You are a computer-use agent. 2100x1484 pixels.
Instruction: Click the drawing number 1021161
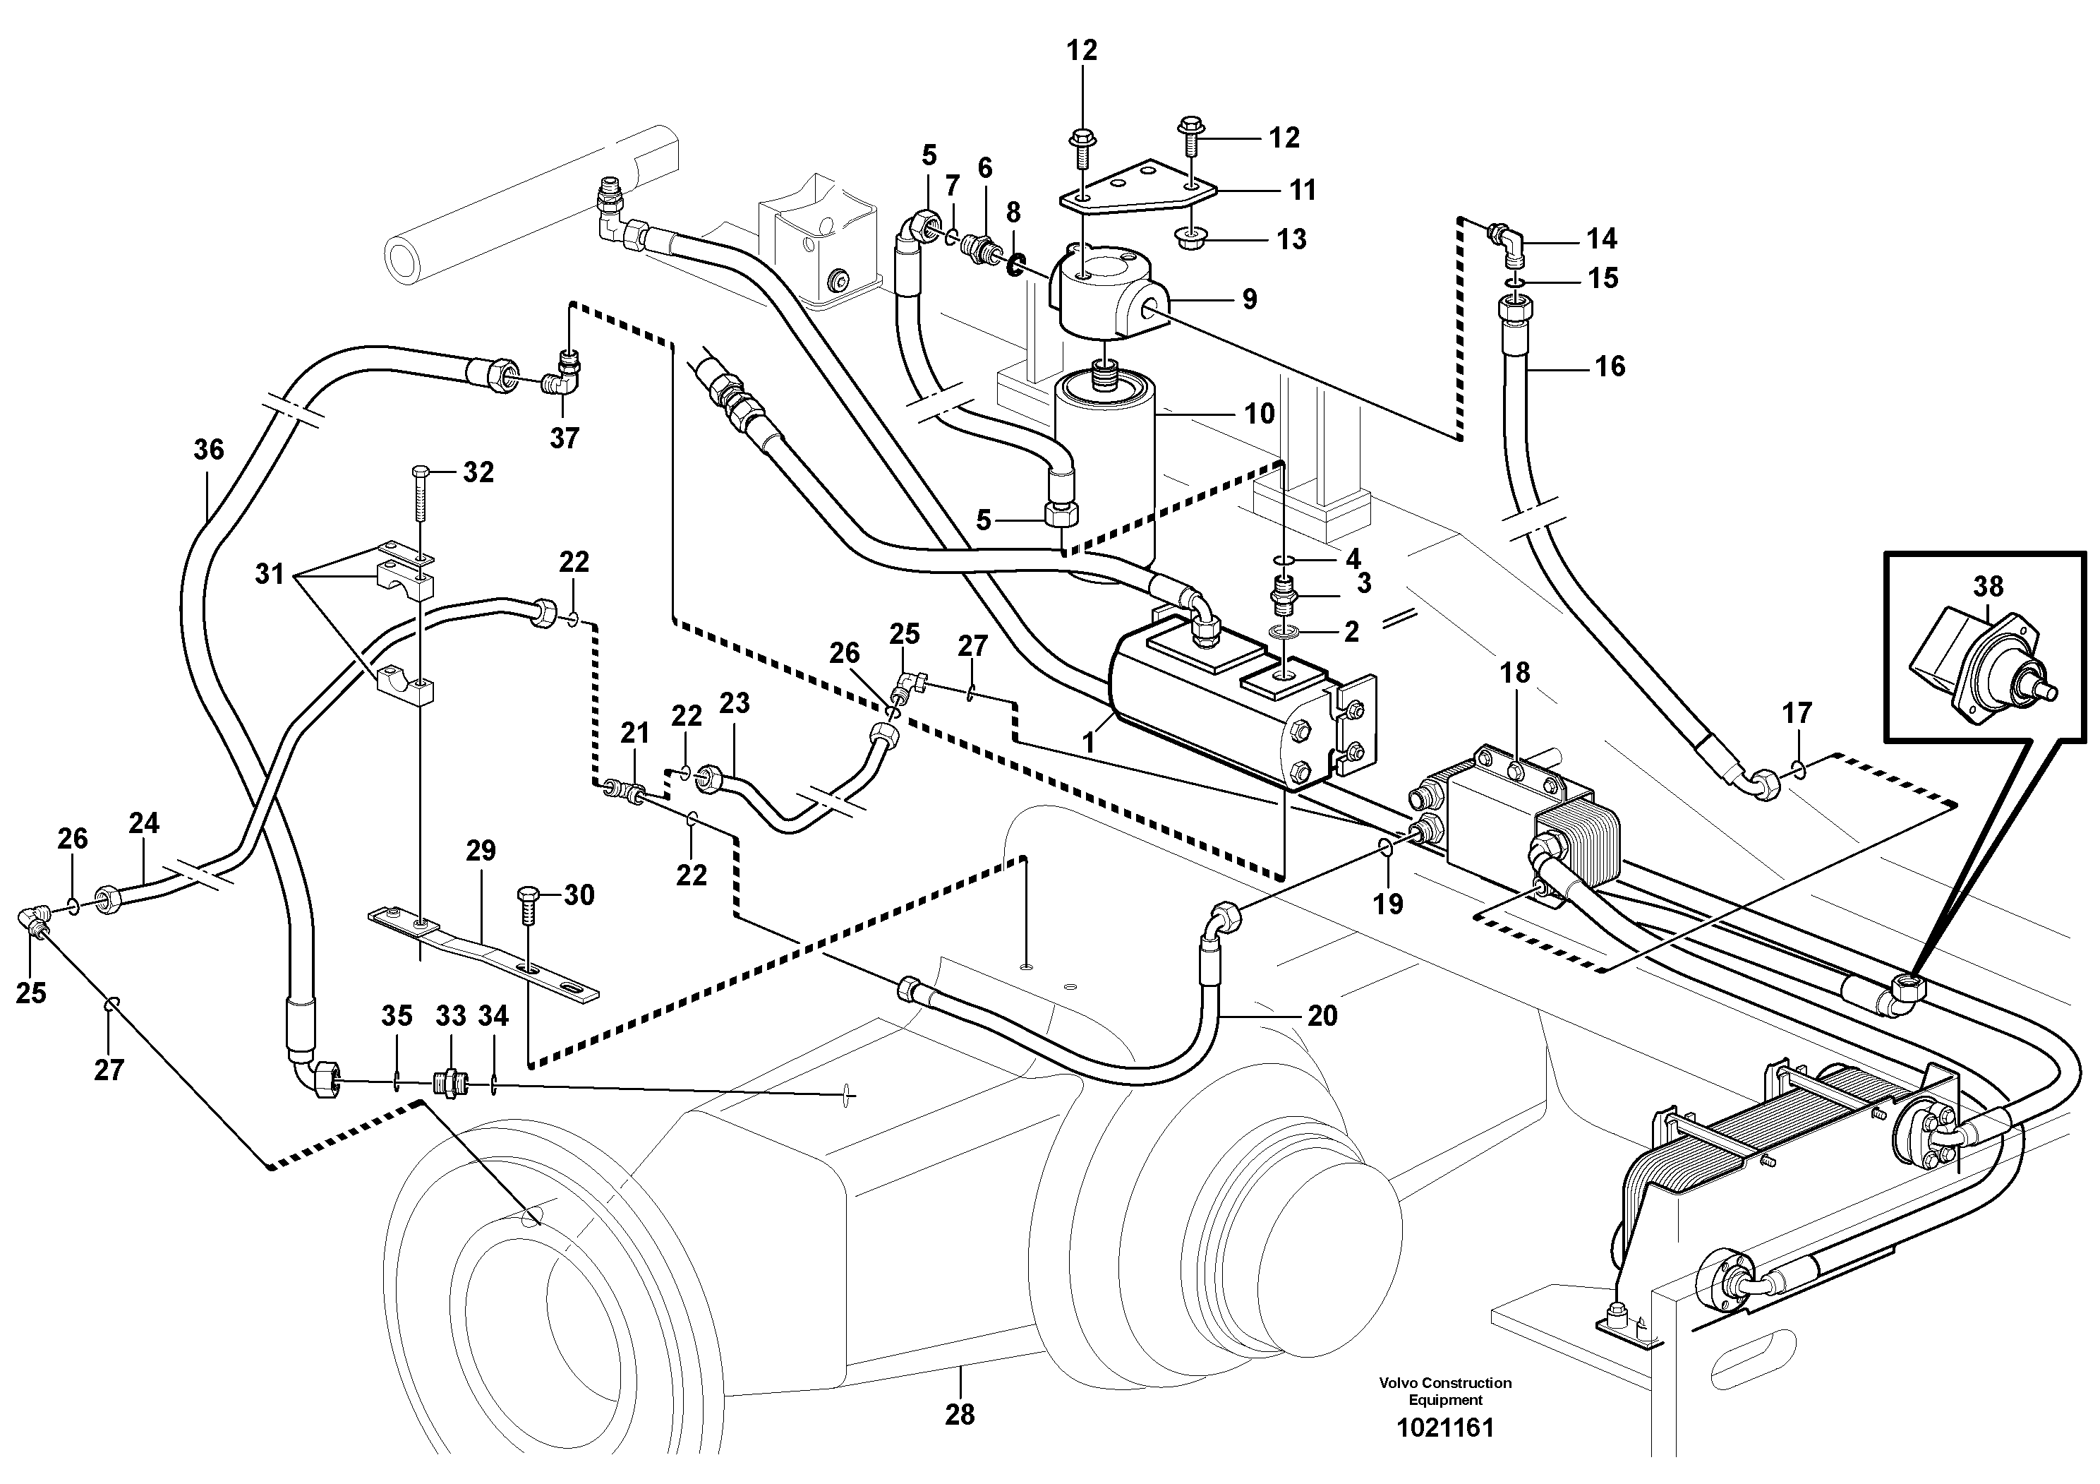pos(1444,1428)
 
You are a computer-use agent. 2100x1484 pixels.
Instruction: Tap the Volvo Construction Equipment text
pos(1445,1392)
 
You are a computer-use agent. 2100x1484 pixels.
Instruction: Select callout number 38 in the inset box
pos(1989,587)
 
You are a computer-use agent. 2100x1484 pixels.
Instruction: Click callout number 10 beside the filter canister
pos(1259,414)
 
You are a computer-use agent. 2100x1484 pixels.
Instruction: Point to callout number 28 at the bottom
pos(960,1415)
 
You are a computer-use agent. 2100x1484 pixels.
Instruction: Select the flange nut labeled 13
pos(1192,241)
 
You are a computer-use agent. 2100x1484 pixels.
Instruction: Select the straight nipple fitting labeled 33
pos(451,1083)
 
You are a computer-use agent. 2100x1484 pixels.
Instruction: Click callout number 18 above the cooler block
pos(1514,674)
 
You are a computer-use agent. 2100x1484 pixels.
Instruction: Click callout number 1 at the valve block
pos(1088,742)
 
